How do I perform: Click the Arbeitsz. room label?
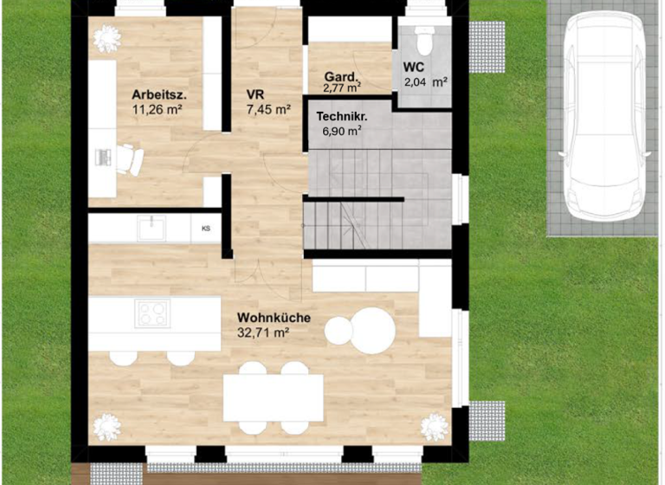pos(160,94)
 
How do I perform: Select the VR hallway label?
pos(255,94)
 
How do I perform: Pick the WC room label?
pos(414,66)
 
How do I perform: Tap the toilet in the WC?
pos(424,39)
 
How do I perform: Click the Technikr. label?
pos(342,116)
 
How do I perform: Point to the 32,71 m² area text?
pos(262,332)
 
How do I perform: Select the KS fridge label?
pos(206,230)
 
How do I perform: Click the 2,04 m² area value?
pos(425,83)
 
